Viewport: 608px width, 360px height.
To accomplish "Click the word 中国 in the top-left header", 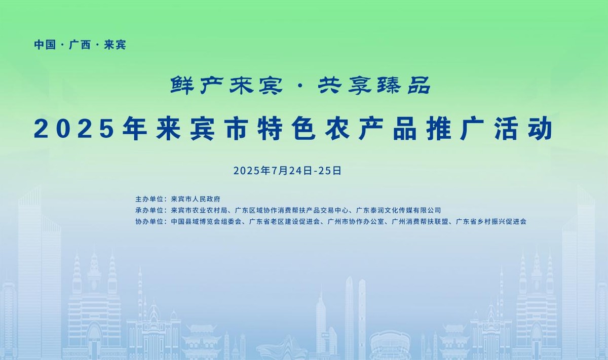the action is point(45,45).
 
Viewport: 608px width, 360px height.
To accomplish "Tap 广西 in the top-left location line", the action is point(80,45).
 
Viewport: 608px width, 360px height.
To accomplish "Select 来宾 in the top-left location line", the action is point(115,45).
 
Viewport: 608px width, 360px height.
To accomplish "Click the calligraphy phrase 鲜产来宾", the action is point(226,86).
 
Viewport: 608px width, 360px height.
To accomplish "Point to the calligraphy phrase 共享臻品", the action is point(374,86).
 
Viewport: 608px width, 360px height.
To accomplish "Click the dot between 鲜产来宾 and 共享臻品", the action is point(300,86).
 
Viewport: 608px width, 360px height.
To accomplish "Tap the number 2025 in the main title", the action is point(74,130).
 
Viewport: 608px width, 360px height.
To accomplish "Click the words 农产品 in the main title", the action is point(370,129).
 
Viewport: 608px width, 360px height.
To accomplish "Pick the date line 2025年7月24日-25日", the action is point(287,171).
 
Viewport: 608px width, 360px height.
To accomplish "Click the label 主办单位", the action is point(149,199).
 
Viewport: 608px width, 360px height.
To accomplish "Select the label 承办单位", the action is point(149,210).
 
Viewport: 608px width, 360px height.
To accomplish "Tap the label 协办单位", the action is point(149,222).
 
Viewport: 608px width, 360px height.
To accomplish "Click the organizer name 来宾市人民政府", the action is point(196,199).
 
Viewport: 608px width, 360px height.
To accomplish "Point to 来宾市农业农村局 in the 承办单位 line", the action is point(199,210).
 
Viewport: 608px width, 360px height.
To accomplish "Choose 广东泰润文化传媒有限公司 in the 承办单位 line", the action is point(398,210).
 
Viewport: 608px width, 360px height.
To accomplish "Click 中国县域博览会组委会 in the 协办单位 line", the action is point(206,222).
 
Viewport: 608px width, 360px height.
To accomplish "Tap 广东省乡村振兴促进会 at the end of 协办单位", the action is point(491,222).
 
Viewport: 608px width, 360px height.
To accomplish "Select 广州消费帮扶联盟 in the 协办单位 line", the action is point(420,222).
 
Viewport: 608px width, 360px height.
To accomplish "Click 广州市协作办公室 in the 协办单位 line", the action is point(356,222).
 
